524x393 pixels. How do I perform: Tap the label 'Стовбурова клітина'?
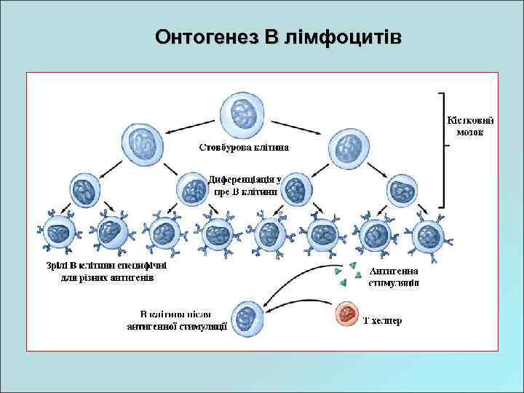pos(244,147)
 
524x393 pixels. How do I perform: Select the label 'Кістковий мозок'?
pos(470,125)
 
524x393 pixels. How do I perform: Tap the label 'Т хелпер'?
pos(382,320)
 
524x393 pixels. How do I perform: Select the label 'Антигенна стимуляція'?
pos(394,277)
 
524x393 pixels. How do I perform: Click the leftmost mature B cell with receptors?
pos(58,234)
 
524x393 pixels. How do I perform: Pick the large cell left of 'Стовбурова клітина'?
pos(138,150)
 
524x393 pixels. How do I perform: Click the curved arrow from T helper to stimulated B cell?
pos(291,291)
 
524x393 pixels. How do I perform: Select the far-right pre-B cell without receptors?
pos(401,191)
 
